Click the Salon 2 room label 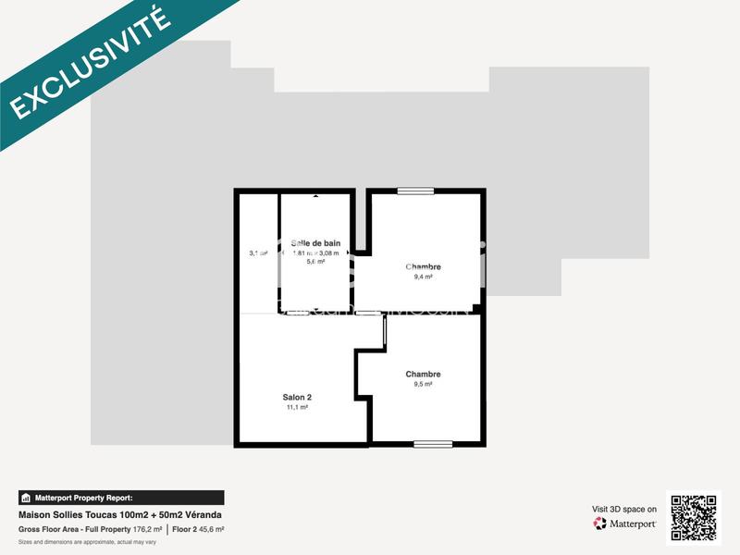297,397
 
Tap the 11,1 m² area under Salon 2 297,407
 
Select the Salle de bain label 316,243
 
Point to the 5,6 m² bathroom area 316,262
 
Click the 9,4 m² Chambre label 424,266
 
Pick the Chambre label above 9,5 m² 423,374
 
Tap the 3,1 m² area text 258,253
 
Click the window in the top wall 415,191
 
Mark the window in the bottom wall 433,444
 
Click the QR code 693,518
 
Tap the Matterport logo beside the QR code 625,524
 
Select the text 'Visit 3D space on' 624,509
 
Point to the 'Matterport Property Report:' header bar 121,498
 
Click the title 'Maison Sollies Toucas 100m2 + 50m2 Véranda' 120,515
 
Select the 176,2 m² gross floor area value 148,529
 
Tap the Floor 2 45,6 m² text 198,529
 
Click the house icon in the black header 27,498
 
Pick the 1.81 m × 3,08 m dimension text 316,253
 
